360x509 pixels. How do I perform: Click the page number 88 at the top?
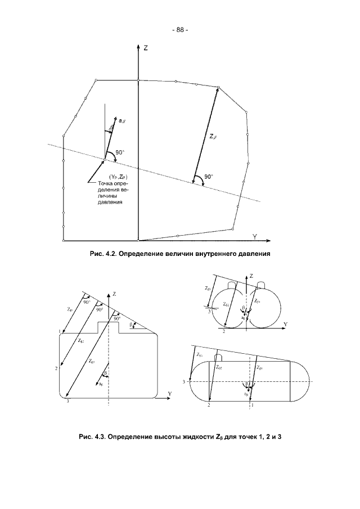tap(179, 30)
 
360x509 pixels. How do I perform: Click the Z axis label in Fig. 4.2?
tap(146, 49)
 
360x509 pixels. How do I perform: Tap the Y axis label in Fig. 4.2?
tap(255, 236)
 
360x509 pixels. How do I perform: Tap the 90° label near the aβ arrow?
tap(120, 152)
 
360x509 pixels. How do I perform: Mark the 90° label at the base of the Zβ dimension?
tap(209, 177)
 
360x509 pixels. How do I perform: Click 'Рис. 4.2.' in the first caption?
tap(103, 254)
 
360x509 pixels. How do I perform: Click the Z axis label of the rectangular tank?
tap(115, 294)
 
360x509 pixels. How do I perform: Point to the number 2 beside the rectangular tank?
tap(56, 368)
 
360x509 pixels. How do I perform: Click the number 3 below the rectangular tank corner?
tap(67, 402)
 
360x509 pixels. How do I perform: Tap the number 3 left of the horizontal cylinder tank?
tap(183, 382)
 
